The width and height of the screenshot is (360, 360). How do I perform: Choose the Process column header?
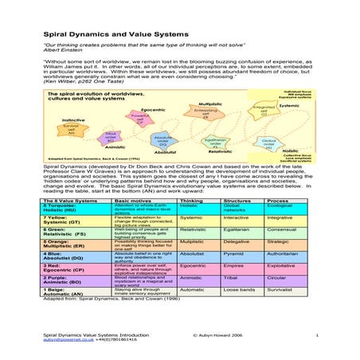click(278, 202)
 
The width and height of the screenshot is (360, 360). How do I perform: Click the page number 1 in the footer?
click(316, 336)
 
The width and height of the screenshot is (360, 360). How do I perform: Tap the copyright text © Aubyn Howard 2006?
click(200, 336)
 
